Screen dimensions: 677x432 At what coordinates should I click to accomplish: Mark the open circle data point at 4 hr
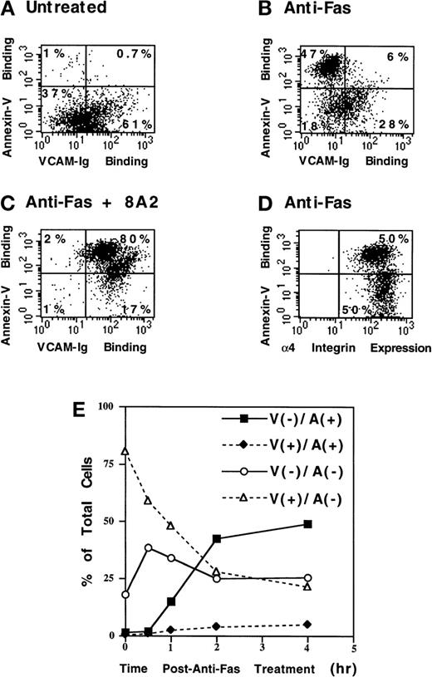(308, 578)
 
